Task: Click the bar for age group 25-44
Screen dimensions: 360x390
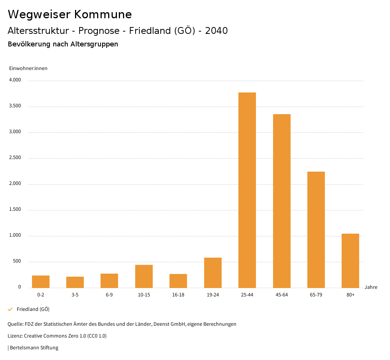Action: (x=247, y=190)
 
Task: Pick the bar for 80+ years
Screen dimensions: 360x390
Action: (x=350, y=261)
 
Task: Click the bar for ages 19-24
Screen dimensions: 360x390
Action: (x=213, y=273)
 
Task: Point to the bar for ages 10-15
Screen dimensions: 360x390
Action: (x=144, y=276)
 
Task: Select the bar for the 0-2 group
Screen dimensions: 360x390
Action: (x=41, y=282)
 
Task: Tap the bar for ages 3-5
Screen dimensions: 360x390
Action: (x=75, y=282)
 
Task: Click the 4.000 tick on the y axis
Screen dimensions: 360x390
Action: (x=15, y=80)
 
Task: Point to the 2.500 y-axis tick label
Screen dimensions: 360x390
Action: (x=15, y=158)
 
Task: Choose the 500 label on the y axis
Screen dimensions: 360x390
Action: (x=17, y=261)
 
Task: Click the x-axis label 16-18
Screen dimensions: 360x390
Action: (x=178, y=295)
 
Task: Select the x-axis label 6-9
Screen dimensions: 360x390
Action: (x=109, y=295)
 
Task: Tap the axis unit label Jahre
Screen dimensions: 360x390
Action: (x=371, y=287)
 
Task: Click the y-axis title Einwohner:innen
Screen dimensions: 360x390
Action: (x=28, y=68)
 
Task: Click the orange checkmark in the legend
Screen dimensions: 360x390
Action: (x=10, y=309)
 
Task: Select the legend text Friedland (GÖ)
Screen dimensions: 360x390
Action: (x=33, y=309)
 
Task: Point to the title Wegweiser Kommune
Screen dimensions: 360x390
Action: (x=70, y=14)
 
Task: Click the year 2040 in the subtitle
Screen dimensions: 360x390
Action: (x=216, y=30)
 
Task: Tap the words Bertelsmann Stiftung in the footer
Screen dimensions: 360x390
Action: (x=34, y=347)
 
